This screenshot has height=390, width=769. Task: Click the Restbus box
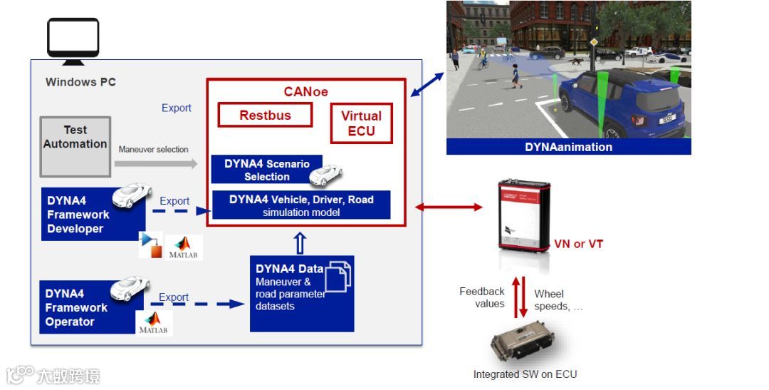(265, 116)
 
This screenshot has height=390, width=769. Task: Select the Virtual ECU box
(361, 123)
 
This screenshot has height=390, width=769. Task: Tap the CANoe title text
(305, 92)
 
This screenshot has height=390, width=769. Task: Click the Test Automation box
(75, 146)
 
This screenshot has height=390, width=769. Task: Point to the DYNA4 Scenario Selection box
(266, 170)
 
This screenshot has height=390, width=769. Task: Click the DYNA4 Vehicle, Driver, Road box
(301, 205)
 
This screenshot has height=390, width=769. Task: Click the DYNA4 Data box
(302, 293)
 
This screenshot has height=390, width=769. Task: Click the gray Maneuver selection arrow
(157, 164)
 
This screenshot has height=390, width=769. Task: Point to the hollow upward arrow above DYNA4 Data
(300, 243)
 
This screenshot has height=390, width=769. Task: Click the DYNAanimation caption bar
(568, 147)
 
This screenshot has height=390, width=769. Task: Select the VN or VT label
(578, 244)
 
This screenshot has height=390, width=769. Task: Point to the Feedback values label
(482, 297)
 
